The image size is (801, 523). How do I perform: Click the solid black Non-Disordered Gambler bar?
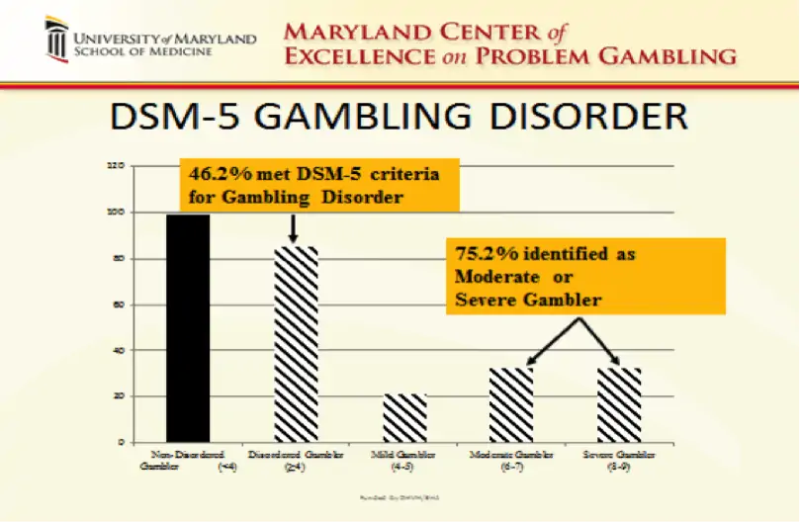pyautogui.click(x=187, y=327)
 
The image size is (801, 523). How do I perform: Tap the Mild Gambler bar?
pyautogui.click(x=405, y=417)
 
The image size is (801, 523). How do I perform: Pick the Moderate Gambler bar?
pyautogui.click(x=511, y=404)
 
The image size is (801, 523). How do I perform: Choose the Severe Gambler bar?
pyautogui.click(x=619, y=404)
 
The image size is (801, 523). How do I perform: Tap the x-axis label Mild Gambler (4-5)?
pyautogui.click(x=405, y=461)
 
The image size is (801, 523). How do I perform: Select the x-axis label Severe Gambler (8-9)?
pyautogui.click(x=619, y=461)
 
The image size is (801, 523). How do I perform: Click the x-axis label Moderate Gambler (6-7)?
pyautogui.click(x=512, y=461)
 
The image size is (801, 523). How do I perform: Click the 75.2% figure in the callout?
pyautogui.click(x=479, y=254)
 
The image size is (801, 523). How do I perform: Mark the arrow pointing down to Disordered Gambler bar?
pyautogui.click(x=294, y=228)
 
